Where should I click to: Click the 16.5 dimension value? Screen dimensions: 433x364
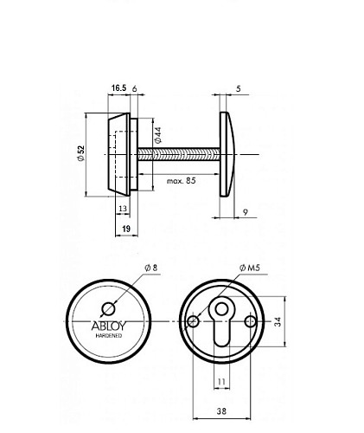(x=119, y=87)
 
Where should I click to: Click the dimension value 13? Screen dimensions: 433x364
(x=123, y=209)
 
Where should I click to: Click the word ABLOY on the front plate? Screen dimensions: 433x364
(x=108, y=326)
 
